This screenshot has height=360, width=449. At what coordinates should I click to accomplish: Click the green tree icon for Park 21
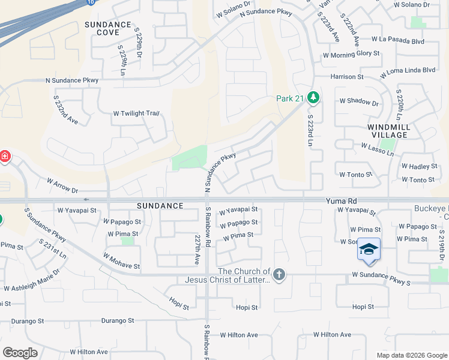point(312,97)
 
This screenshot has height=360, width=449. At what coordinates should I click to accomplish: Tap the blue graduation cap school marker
point(369,250)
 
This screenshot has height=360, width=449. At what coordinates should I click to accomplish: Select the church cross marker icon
point(279,275)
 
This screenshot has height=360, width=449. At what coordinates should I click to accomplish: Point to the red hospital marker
point(4,157)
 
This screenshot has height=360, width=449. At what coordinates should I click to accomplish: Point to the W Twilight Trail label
point(136,113)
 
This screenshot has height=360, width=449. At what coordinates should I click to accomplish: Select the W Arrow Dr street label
point(63,185)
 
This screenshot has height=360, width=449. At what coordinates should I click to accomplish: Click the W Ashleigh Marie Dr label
point(32,280)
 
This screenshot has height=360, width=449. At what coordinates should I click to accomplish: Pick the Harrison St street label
point(347,77)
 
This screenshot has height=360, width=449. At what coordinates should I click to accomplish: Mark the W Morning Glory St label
point(351,53)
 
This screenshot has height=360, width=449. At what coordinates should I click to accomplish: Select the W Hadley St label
point(419,166)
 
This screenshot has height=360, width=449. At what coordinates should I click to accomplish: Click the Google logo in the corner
point(20,353)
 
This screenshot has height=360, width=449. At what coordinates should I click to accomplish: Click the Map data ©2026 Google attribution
point(411,355)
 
